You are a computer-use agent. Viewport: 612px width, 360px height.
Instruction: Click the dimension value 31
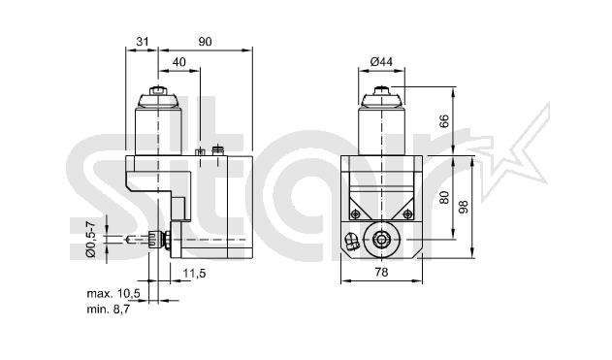(x=142, y=41)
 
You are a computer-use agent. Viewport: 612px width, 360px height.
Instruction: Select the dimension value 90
(x=205, y=42)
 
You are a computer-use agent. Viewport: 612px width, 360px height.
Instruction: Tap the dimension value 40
(x=179, y=62)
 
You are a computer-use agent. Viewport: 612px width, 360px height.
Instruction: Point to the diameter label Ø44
(x=381, y=62)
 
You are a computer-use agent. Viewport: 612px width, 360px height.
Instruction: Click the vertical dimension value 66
(x=444, y=121)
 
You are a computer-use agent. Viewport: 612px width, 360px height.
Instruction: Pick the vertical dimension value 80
(x=444, y=197)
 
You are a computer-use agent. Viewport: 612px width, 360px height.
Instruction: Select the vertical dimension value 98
(x=464, y=207)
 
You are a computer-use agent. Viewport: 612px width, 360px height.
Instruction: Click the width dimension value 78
(x=381, y=272)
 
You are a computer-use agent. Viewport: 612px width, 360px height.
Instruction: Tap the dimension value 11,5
(x=194, y=274)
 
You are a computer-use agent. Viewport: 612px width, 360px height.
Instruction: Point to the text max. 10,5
(x=113, y=294)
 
